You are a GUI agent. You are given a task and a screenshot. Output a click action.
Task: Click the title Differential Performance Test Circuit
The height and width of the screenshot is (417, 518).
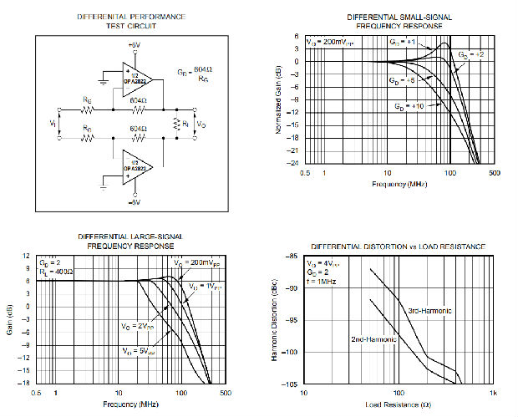pos(131,21)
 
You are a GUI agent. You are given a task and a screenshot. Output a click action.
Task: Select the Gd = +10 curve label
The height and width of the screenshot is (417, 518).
pos(409,107)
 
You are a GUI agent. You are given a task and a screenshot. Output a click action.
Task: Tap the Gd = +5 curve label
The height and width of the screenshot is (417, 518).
pos(399,80)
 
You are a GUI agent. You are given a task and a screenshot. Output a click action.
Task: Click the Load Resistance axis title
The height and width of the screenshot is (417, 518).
pos(398,405)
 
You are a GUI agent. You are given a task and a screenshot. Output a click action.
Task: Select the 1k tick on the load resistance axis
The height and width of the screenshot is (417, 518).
pos(493,393)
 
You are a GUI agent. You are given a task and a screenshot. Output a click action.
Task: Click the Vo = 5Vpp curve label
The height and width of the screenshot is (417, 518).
pos(135,350)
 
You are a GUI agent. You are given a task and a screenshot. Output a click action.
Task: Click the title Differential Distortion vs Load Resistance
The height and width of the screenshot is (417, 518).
pos(398,247)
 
